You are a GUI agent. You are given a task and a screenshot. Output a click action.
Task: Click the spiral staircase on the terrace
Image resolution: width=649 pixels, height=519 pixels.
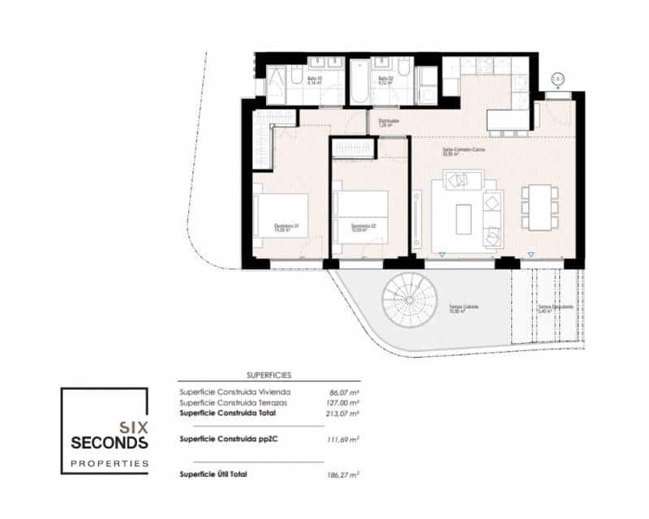[410, 300]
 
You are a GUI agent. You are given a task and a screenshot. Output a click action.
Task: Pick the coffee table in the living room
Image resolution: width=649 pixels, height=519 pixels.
[463, 218]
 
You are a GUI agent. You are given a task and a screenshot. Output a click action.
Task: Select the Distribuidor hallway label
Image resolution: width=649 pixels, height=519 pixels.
[389, 122]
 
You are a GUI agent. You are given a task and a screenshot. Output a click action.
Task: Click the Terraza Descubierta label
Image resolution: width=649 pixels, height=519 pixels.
[555, 307]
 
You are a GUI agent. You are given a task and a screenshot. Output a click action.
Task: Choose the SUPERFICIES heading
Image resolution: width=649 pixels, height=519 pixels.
[268, 375]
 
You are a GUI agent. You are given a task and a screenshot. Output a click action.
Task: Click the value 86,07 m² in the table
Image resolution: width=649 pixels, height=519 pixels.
[345, 392]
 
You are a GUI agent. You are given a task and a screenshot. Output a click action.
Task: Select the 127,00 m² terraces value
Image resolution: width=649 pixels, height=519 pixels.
[344, 402]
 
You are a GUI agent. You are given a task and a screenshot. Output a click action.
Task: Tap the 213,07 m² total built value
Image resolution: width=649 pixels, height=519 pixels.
[344, 413]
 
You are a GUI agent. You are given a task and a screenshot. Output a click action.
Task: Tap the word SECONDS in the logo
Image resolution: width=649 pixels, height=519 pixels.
[110, 443]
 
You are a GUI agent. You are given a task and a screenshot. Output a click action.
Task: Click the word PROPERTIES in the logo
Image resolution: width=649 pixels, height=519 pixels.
[110, 464]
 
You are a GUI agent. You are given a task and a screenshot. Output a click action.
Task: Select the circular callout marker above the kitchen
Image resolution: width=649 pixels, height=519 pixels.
[557, 79]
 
